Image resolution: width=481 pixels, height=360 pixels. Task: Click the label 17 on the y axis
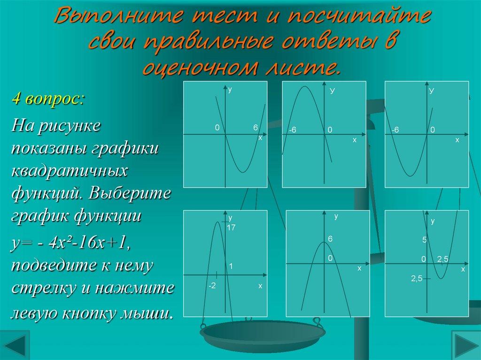[x=230, y=228]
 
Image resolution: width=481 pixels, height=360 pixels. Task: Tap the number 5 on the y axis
[x=424, y=240]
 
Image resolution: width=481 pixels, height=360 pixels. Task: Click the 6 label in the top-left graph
[x=255, y=128]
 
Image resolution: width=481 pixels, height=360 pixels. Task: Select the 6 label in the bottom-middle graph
[x=330, y=239]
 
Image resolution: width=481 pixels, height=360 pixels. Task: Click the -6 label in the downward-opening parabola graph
[x=292, y=130]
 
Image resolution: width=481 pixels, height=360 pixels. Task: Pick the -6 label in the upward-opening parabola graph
[x=395, y=130]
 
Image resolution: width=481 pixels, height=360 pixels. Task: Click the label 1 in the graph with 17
[x=231, y=266]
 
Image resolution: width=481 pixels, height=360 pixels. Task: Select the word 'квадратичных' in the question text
[x=70, y=170]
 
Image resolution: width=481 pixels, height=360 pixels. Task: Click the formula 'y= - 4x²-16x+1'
[x=70, y=243]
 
